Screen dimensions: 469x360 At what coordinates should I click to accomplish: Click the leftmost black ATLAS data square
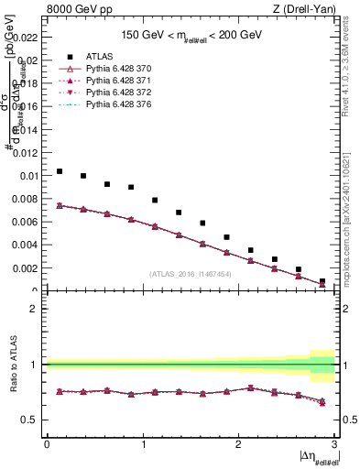pos(60,171)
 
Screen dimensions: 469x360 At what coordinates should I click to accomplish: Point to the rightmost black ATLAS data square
pos(322,281)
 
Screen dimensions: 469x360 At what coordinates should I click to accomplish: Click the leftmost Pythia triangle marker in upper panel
pos(60,205)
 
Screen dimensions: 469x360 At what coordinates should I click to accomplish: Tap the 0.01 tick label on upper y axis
pos(28,175)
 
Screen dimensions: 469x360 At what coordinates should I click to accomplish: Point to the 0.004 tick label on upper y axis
pos(27,245)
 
